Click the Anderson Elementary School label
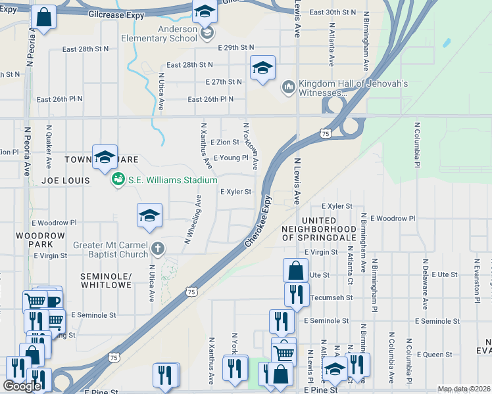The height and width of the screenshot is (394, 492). click(x=159, y=33)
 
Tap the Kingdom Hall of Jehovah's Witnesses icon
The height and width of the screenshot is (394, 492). click(x=288, y=87)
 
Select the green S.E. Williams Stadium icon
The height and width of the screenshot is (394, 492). click(x=118, y=179)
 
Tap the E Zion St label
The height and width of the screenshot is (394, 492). click(x=225, y=142)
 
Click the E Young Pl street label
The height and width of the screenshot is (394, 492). click(x=230, y=158)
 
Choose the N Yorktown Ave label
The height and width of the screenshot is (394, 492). click(x=251, y=145)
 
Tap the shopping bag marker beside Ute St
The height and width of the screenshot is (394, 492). click(x=295, y=269)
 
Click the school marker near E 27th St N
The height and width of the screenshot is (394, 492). click(x=262, y=68)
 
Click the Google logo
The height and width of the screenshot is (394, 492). click(x=22, y=386)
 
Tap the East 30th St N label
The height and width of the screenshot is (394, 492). click(x=332, y=12)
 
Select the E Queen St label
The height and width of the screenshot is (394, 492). click(x=436, y=354)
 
